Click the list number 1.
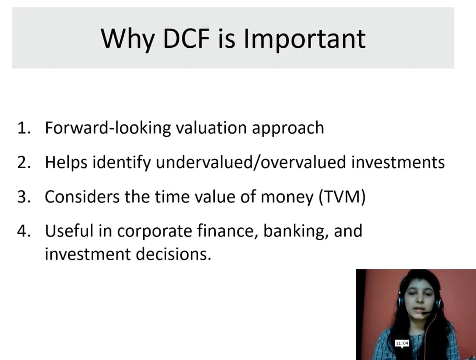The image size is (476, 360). click(24, 128)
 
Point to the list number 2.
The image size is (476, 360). click(24, 163)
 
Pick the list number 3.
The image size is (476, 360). click(24, 197)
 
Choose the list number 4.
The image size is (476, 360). click(24, 231)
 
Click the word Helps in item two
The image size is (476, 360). click(62, 163)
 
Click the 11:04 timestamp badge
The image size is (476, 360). click(402, 343)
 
